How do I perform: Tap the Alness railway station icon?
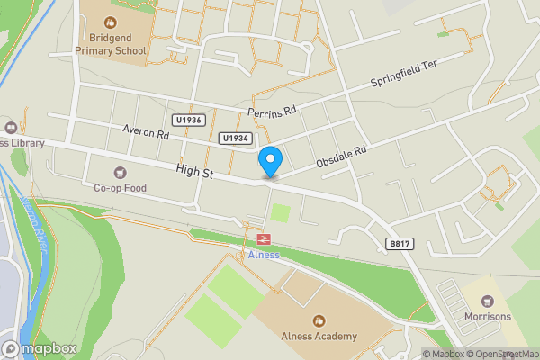(x=264, y=239)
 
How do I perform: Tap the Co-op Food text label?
(x=120, y=188)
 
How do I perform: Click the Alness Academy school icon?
(x=318, y=320)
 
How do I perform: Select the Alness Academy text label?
(x=318, y=337)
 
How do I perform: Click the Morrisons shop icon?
(x=488, y=301)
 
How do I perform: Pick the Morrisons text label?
(x=488, y=316)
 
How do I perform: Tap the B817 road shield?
(x=400, y=244)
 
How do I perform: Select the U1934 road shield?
(x=233, y=138)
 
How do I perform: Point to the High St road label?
(x=194, y=170)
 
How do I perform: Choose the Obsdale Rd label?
(x=342, y=157)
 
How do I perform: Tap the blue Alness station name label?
(x=264, y=255)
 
